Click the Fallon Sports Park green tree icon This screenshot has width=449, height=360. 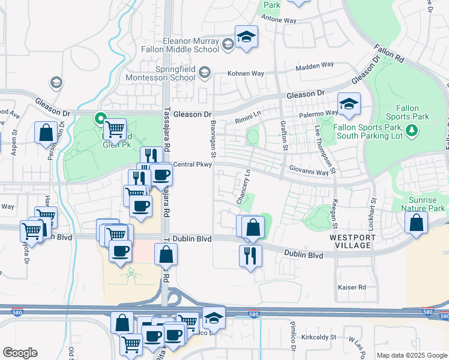pos(411,130)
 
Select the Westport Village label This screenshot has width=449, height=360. pos(352,241)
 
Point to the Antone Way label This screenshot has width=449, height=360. pos(282,20)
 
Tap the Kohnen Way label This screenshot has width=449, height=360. pos(245,74)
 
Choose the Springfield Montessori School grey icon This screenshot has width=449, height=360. pos(204,73)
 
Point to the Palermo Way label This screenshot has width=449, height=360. pos(320,113)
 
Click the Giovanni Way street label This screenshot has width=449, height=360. pos(309,172)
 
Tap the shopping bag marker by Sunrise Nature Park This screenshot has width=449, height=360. pos(416,223)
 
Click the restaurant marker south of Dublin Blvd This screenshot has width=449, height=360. pos(250,256)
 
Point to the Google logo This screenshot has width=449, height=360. pos(20,353)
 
